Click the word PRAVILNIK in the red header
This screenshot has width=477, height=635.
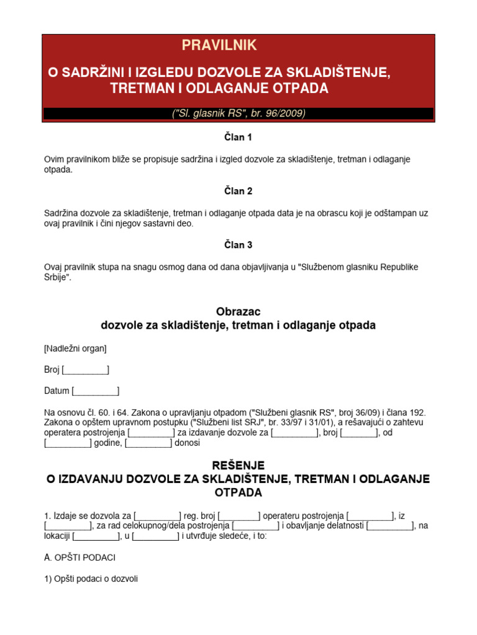[219, 45]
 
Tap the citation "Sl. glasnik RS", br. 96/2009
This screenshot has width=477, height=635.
[238, 113]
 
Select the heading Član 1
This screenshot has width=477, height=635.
[238, 137]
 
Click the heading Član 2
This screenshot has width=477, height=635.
[238, 191]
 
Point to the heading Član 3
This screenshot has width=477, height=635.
[238, 245]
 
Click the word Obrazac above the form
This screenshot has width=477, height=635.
[238, 312]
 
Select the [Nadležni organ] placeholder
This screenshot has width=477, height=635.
[75, 349]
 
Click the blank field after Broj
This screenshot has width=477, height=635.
[86, 370]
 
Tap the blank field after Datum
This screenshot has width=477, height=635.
[96, 391]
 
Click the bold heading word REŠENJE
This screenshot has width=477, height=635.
[238, 465]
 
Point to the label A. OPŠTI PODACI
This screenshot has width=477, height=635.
[79, 557]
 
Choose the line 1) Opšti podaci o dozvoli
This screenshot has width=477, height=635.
[91, 579]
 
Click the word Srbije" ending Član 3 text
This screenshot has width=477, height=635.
[58, 277]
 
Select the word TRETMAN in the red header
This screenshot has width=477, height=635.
[142, 88]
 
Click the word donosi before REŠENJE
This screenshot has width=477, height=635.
[187, 443]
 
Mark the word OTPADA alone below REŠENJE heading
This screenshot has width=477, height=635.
[238, 493]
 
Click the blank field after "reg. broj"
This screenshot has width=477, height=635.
[239, 515]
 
